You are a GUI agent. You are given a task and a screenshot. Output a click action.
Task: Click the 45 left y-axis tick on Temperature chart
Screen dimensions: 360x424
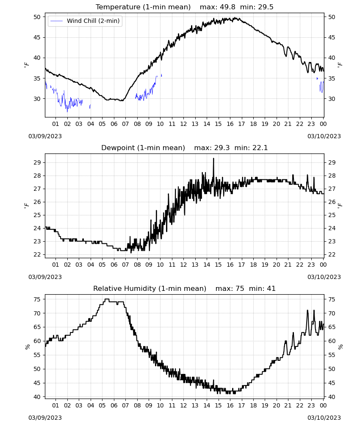(x=37, y=37)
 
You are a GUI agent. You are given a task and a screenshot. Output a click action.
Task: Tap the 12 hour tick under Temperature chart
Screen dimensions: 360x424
(x=183, y=124)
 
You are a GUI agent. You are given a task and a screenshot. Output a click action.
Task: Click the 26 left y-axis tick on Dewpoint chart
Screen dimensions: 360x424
(x=37, y=202)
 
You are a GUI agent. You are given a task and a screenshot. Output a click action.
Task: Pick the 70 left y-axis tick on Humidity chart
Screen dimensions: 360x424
(x=37, y=313)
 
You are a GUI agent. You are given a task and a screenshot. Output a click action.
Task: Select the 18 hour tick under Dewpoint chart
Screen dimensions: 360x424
(x=253, y=265)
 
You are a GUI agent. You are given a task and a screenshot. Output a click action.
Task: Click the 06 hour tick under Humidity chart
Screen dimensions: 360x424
(x=114, y=405)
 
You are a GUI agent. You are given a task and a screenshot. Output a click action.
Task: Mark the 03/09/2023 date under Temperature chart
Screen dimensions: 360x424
(x=45, y=136)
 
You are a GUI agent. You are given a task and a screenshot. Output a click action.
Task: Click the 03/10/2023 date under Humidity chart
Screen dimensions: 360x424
(x=324, y=418)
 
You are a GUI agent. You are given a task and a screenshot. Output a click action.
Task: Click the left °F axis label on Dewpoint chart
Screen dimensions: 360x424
(x=26, y=206)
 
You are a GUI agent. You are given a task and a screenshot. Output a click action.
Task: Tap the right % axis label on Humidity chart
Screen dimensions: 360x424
(x=341, y=347)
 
